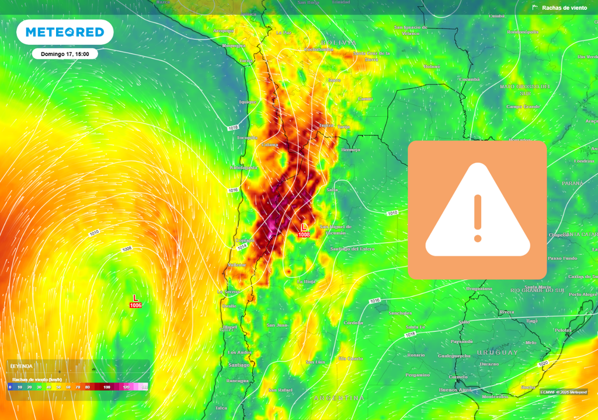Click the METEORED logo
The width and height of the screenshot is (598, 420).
coord(64,32)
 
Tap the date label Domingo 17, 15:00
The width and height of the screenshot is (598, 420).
coord(64,54)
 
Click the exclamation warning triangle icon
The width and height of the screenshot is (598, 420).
coord(477,210)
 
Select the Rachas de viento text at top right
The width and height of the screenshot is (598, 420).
coord(564,8)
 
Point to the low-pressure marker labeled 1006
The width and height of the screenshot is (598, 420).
coord(135,301)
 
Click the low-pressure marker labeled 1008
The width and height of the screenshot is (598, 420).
coord(304,230)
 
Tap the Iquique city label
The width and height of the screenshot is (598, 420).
coord(248,102)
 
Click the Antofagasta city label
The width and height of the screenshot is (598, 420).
coord(244,167)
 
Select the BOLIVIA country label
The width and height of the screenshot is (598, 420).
coord(338,43)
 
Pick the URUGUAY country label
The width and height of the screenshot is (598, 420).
coord(497,352)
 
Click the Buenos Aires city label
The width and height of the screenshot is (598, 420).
coord(455,389)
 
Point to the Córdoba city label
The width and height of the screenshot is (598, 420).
coord(353,323)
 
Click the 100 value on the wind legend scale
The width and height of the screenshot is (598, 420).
coord(107,387)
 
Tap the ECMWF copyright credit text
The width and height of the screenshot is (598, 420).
coord(564,392)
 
